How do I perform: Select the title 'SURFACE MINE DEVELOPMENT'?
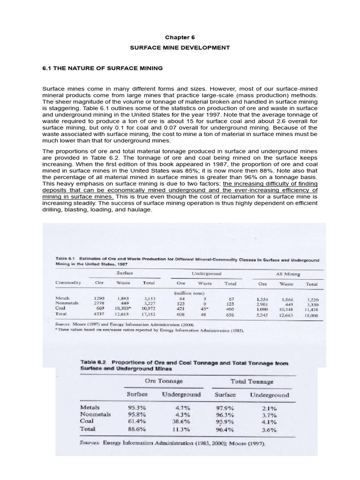180,47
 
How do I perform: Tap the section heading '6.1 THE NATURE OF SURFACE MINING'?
102,68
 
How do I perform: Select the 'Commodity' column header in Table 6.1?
68,284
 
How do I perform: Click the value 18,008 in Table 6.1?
311,316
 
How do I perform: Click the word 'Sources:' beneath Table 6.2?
90,442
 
